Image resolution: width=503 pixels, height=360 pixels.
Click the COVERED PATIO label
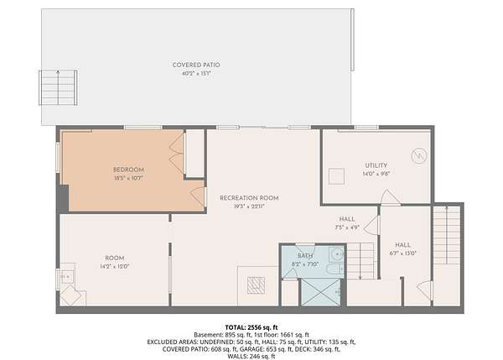tap(196, 65)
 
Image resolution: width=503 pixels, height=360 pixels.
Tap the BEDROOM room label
tap(128, 170)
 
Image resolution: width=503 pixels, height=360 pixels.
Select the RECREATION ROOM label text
tap(249, 198)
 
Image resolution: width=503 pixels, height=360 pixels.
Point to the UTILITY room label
tap(376, 165)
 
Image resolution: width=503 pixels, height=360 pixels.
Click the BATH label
tap(305, 256)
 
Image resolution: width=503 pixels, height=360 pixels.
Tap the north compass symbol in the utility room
tap(419, 156)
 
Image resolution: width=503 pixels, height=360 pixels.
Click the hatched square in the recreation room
tap(256, 285)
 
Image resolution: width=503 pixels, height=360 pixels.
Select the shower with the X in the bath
tap(321, 292)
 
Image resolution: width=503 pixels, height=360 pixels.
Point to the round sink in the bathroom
tap(337, 254)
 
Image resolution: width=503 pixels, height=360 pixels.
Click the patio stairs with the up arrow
tap(58, 87)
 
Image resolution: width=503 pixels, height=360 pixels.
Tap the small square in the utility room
tap(336, 176)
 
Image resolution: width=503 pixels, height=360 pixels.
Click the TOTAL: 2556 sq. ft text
tap(251, 327)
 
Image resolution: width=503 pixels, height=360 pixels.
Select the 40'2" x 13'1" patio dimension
tap(196, 74)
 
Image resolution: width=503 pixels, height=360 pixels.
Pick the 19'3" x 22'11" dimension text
tap(249, 206)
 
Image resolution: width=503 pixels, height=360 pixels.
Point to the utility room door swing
tap(389, 196)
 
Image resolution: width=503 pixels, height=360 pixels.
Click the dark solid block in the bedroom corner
tap(64, 198)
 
